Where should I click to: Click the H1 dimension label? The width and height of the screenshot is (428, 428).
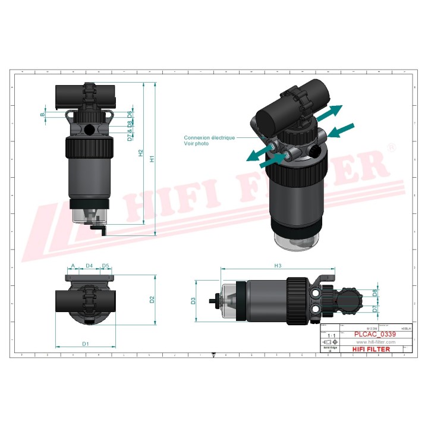pyautogui.click(x=152, y=159)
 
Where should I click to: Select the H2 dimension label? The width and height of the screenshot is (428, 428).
pyautogui.click(x=141, y=153)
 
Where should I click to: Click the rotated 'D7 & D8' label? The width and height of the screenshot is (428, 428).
pyautogui.click(x=130, y=131)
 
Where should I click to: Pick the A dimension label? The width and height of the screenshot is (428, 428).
pyautogui.click(x=73, y=265)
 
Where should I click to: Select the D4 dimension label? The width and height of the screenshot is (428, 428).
pyautogui.click(x=89, y=265)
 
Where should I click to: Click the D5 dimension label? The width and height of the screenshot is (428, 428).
pyautogui.click(x=105, y=265)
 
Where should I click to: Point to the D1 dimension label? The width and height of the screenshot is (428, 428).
pyautogui.click(x=86, y=344)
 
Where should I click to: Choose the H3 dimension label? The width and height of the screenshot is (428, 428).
pyautogui.click(x=277, y=265)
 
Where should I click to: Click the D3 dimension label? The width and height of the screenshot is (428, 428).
pyautogui.click(x=193, y=301)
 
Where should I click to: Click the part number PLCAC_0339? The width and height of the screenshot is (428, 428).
pyautogui.click(x=374, y=335)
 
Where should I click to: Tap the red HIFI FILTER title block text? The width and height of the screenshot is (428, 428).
pyautogui.click(x=372, y=350)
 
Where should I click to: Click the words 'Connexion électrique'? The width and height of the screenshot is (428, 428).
pyautogui.click(x=209, y=137)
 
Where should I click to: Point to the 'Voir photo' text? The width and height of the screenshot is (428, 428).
pyautogui.click(x=196, y=144)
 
